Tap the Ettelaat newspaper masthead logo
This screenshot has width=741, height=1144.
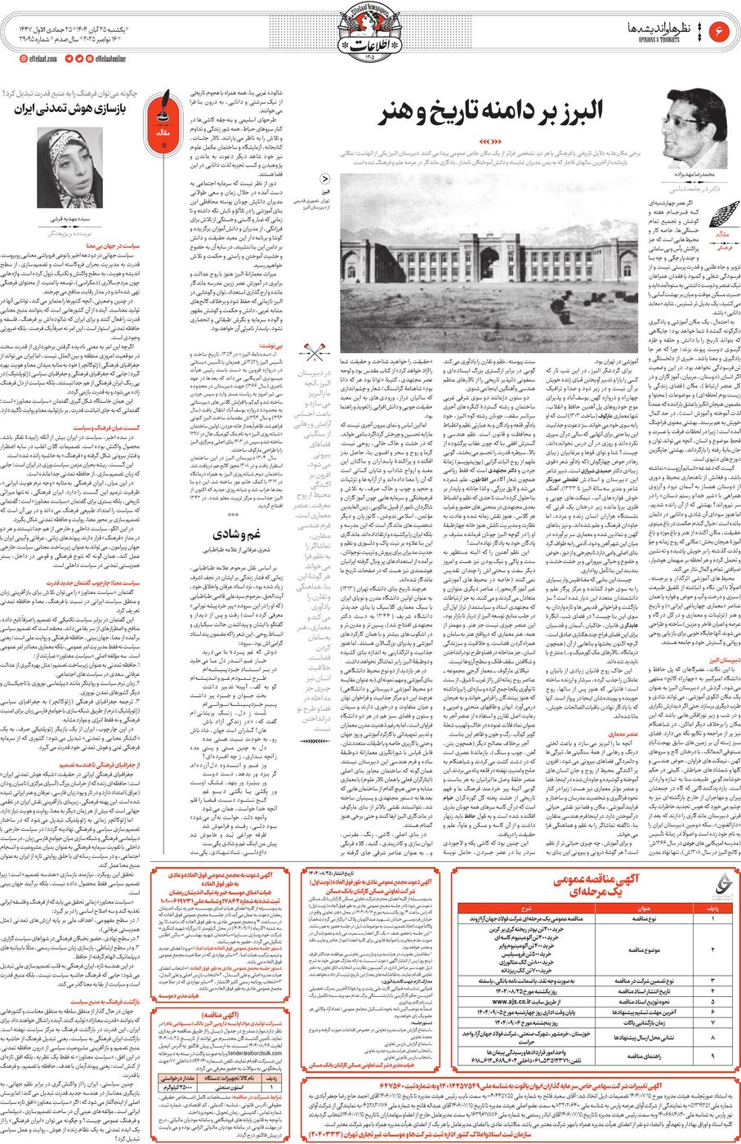369,37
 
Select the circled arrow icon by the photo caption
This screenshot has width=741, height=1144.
324,180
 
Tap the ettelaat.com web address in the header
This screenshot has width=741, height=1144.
35,59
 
